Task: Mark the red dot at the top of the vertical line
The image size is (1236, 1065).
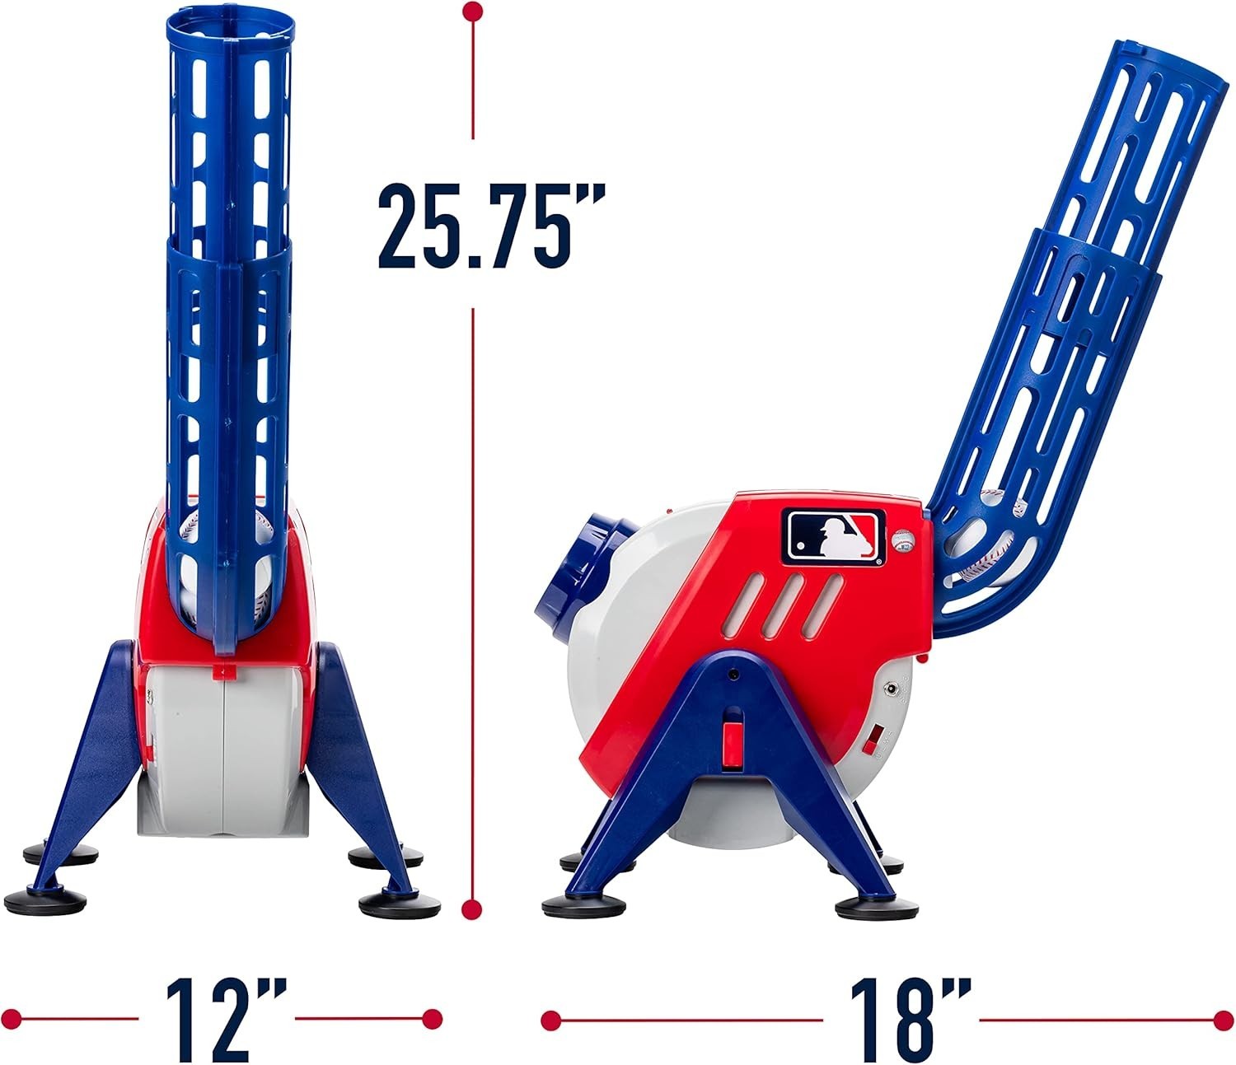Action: [472, 12]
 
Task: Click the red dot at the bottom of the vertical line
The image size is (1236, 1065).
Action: [472, 909]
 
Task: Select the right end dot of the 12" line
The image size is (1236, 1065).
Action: [431, 1019]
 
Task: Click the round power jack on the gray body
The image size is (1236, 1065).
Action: [891, 687]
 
